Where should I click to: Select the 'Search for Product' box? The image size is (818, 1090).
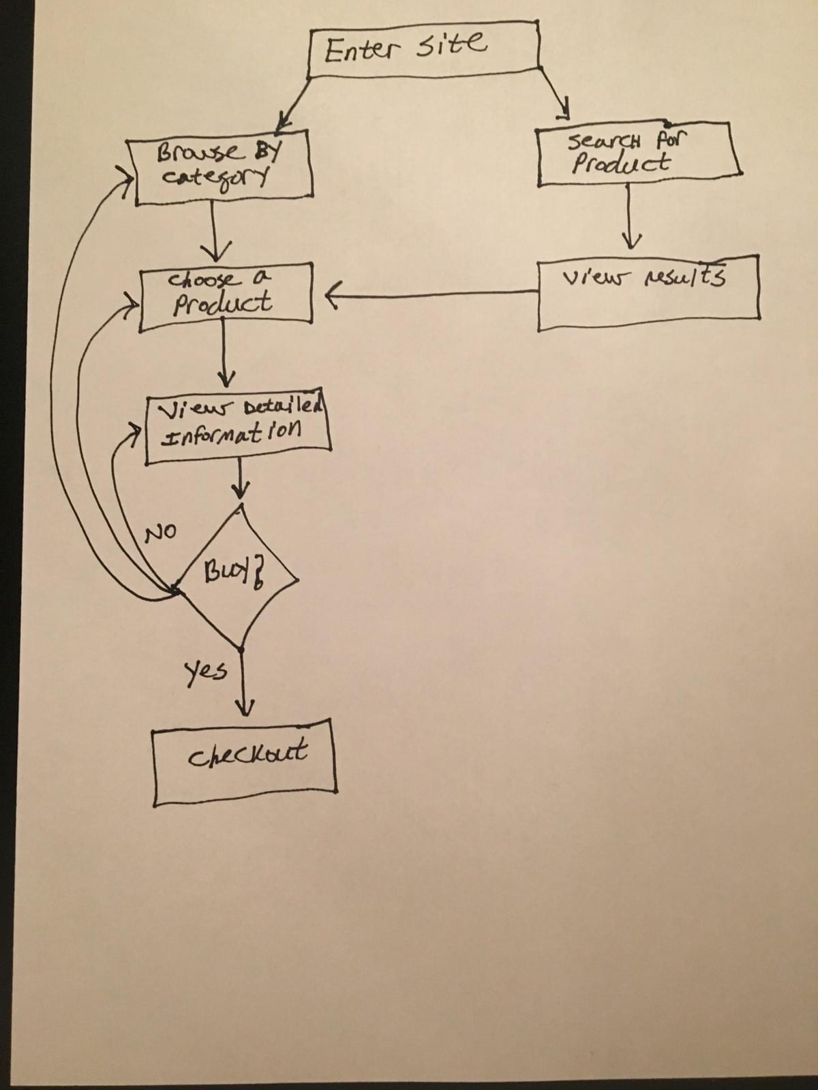pos(637,154)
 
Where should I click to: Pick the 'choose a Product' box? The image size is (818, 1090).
pos(225,297)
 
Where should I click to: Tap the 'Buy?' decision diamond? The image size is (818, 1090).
pos(237,576)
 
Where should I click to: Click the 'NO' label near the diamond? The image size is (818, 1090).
pos(161,532)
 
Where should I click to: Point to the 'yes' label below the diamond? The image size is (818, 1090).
pos(205,671)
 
